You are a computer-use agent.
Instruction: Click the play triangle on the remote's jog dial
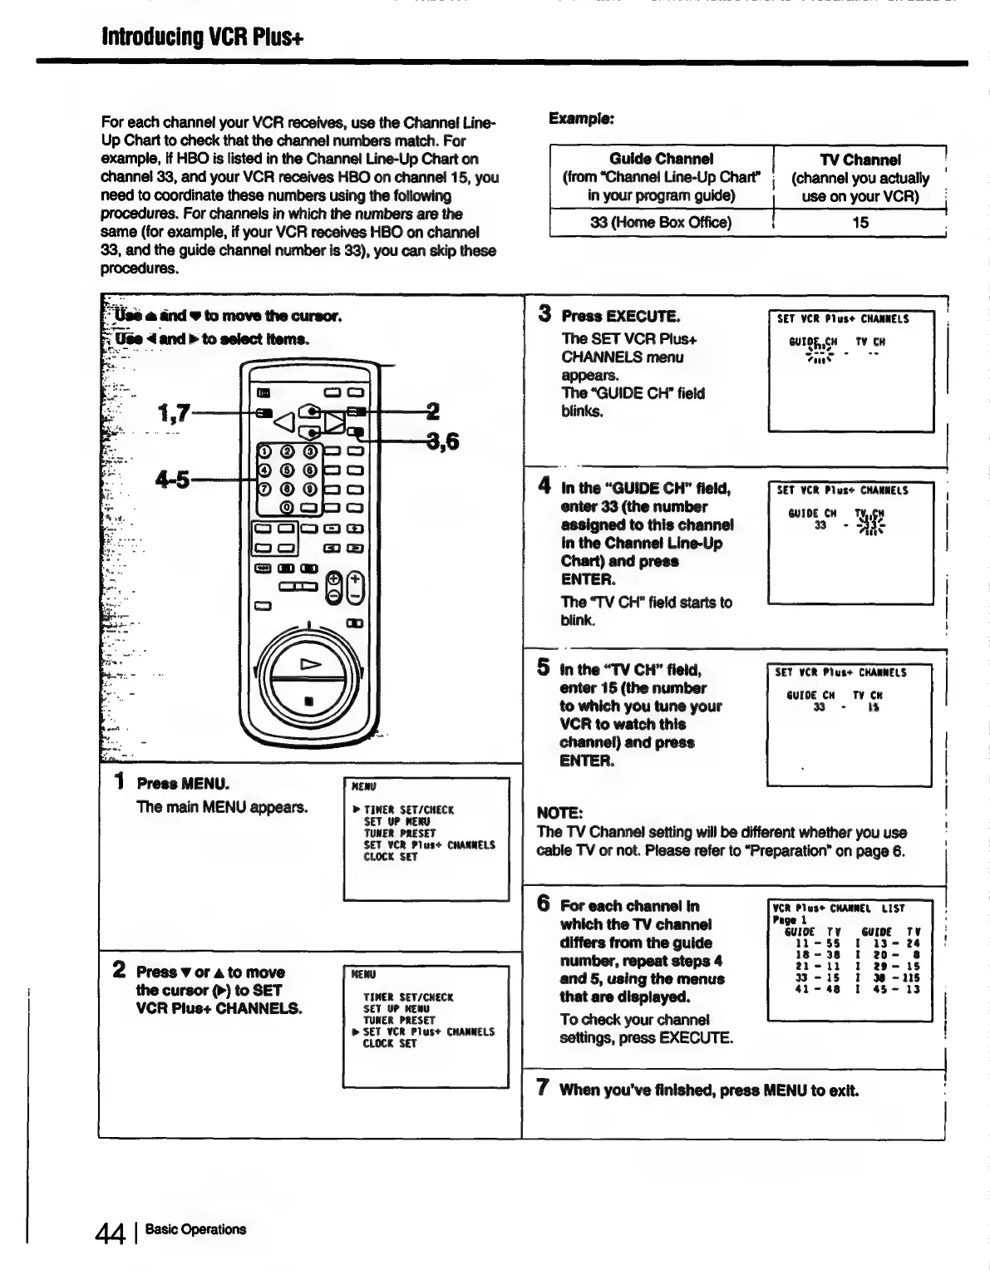[x=309, y=664]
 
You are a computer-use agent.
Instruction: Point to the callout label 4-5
[x=173, y=480]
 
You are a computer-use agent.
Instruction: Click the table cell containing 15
[x=860, y=223]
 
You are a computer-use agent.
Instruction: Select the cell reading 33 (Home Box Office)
[x=661, y=223]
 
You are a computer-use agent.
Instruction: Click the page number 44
[x=110, y=1231]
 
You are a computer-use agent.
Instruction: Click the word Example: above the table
[x=581, y=118]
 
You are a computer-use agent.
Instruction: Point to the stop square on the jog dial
[x=309, y=700]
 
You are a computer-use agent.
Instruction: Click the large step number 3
[x=544, y=314]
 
